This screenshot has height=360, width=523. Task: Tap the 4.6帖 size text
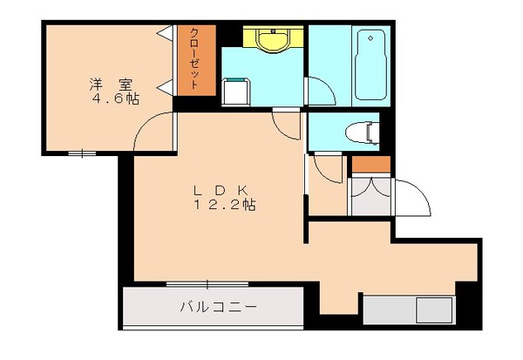coord(112,98)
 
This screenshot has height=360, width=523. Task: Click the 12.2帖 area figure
coord(225,206)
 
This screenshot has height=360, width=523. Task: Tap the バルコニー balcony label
coord(217,307)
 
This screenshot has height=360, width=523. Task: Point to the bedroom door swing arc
coord(150,132)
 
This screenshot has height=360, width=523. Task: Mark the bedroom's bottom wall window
coord(83,153)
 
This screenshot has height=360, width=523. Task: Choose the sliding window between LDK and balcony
coord(207,283)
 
